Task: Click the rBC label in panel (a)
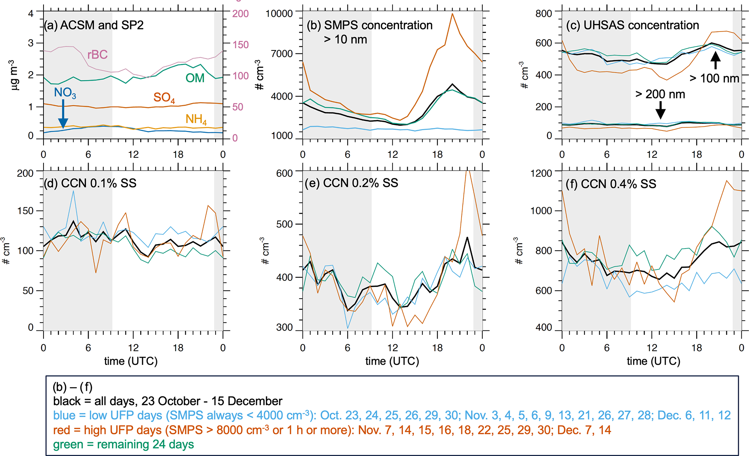pos(97,54)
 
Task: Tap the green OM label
pos(195,78)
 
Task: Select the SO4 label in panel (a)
pos(164,98)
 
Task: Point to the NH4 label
pos(196,119)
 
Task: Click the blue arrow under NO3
pos(63,114)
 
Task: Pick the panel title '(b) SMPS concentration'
pos(370,25)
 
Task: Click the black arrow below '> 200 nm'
pos(661,110)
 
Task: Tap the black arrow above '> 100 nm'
pos(715,61)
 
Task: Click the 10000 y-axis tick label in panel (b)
pos(279,14)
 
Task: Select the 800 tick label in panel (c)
pos(544,14)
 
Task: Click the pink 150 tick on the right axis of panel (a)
pos(240,45)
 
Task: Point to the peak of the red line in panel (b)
pos(452,14)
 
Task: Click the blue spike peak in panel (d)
pos(74,191)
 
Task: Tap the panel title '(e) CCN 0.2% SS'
pos(351,183)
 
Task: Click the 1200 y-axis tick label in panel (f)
pos(541,173)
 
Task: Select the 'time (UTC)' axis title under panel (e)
pos(392,361)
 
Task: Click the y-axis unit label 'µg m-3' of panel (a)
pos(14,75)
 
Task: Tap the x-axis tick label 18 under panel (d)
pos(178,348)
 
